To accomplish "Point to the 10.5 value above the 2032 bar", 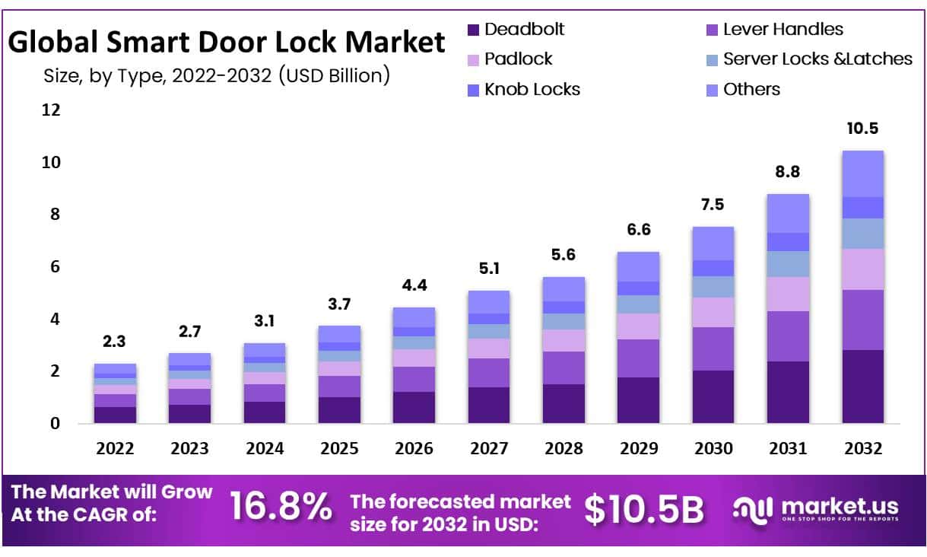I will [x=862, y=128].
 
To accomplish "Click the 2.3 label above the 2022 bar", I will [x=114, y=342].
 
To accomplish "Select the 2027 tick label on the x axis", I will [x=489, y=448].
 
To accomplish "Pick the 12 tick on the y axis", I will [x=51, y=110].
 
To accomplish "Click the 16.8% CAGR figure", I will [x=280, y=508].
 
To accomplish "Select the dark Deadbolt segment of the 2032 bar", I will [x=862, y=386].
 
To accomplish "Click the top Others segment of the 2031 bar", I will [x=788, y=213].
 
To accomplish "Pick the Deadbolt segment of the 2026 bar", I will [x=414, y=407].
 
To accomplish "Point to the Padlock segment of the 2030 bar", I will [x=713, y=312].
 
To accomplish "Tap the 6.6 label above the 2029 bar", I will [x=638, y=230].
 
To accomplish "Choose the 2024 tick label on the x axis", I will [x=264, y=448].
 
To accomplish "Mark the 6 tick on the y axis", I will [x=55, y=266].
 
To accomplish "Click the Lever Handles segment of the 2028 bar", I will [x=564, y=368].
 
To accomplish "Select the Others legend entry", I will [x=751, y=89].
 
